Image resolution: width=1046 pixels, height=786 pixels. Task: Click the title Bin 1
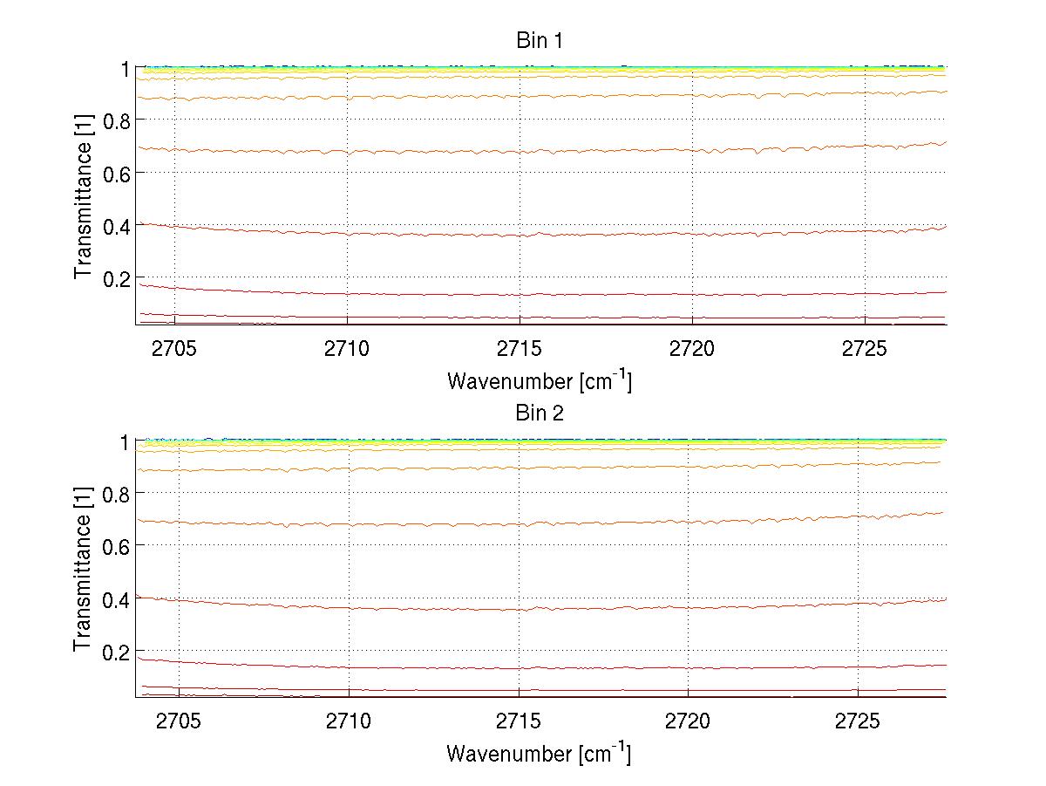(x=539, y=40)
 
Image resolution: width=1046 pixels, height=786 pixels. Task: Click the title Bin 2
(x=539, y=414)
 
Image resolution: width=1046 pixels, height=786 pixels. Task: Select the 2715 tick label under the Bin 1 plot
(x=520, y=350)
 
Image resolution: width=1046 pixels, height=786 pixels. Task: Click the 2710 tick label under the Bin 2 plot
(x=349, y=722)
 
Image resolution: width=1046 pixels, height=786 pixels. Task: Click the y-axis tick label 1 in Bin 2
(x=125, y=441)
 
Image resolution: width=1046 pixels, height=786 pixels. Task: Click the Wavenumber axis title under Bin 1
(x=539, y=380)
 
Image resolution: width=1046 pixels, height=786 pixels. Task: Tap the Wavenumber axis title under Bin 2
(x=539, y=753)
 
